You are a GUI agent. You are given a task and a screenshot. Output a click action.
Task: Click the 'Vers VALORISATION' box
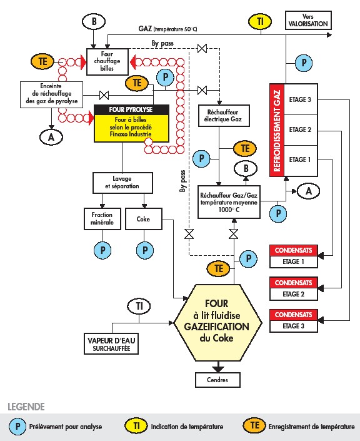pyautogui.click(x=308, y=20)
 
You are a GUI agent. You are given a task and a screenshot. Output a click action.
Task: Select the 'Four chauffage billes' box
pyautogui.click(x=107, y=61)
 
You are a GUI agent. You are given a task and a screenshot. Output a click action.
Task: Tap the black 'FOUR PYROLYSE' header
pyautogui.click(x=131, y=109)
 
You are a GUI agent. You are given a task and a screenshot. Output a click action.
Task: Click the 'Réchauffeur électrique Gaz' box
pyautogui.click(x=224, y=116)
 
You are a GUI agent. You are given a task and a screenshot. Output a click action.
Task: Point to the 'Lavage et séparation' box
pyautogui.click(x=122, y=183)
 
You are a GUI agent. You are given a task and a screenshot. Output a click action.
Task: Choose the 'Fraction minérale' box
pyautogui.click(x=102, y=219)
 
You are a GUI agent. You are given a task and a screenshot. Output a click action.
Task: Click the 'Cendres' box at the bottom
pyautogui.click(x=217, y=380)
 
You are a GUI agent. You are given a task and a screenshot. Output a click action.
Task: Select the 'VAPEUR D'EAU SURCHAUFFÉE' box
pyautogui.click(x=111, y=343)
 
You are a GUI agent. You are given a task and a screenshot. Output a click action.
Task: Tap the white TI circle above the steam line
pyautogui.click(x=139, y=307)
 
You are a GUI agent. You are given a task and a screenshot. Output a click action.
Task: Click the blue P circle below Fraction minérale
pyautogui.click(x=102, y=250)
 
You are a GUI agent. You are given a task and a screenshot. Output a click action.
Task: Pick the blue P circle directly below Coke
pyautogui.click(x=145, y=250)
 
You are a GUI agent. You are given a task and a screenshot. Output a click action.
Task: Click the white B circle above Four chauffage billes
pyautogui.click(x=94, y=21)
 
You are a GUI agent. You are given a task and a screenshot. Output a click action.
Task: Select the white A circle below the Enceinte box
pyautogui.click(x=51, y=137)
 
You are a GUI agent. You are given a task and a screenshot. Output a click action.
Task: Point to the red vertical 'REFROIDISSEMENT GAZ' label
pyautogui.click(x=277, y=130)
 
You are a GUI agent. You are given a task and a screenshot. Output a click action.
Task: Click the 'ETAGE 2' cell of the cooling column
pyautogui.click(x=301, y=130)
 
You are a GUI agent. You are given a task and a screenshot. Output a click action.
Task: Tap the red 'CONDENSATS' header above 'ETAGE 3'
pyautogui.click(x=294, y=315)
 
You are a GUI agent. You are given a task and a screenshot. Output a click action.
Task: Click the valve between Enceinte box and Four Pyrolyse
pyautogui.click(x=104, y=95)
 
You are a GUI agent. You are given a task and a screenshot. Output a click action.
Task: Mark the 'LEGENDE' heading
pyautogui.click(x=26, y=407)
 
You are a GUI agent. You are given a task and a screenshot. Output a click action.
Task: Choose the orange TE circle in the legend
pyautogui.click(x=254, y=425)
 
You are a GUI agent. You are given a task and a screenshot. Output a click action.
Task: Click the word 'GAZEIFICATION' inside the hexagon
pyautogui.click(x=216, y=327)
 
